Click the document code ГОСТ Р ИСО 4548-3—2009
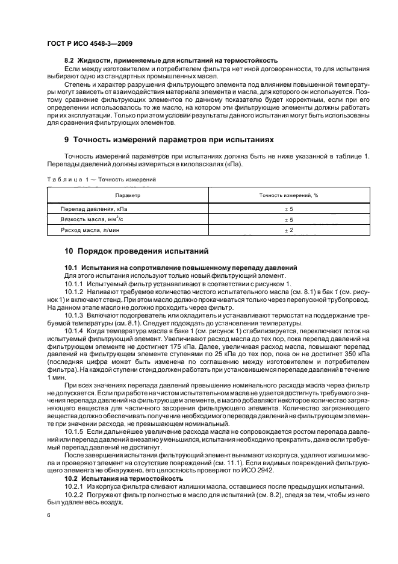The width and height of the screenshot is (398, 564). pyautogui.click(x=90, y=44)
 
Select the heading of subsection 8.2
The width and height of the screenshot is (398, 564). pyautogui.click(x=171, y=60)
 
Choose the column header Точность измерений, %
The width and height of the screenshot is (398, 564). pyautogui.click(x=288, y=196)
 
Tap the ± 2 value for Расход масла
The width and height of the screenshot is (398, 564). pyautogui.click(x=288, y=231)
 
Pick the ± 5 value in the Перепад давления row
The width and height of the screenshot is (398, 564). pyautogui.click(x=288, y=208)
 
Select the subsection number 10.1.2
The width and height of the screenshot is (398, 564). pyautogui.click(x=75, y=290)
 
